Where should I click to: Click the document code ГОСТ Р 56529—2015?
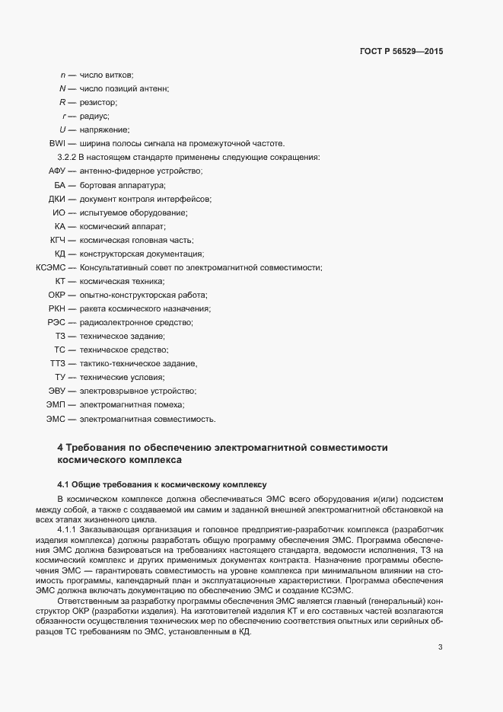tap(400, 51)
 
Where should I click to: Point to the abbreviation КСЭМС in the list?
tap(51, 267)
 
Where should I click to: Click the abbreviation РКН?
tap(58, 308)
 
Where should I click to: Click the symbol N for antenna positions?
tap(62, 88)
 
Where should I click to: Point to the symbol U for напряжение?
tap(62, 129)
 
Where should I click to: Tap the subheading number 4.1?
tap(64, 484)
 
